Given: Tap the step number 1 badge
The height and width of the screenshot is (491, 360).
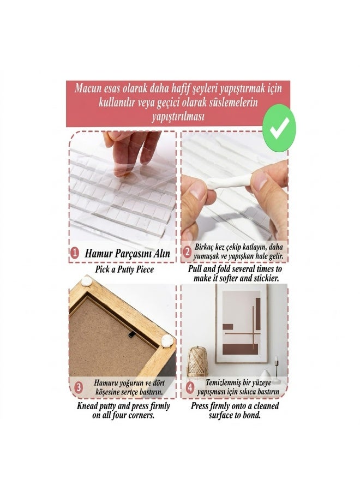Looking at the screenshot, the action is tap(75, 253).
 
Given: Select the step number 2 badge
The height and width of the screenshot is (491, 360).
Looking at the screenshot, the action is tap(187, 252).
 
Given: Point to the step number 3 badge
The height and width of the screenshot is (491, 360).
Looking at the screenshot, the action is tap(79, 387).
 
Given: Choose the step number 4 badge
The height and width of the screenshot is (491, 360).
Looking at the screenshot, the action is tap(190, 387).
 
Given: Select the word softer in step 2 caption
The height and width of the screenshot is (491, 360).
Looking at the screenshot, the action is tap(232, 278).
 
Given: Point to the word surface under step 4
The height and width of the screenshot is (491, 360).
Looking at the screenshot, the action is tap(221, 416).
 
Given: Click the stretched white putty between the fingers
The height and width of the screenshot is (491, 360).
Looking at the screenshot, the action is tap(230, 182).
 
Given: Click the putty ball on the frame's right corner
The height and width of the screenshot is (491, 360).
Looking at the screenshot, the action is tap(167, 340).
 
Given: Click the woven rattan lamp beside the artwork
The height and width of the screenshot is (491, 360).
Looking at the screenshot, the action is tap(197, 362).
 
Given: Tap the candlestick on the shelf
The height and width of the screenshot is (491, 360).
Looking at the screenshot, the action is tap(277, 369).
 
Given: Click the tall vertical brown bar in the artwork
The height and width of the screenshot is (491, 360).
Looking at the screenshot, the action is tap(258, 314).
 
